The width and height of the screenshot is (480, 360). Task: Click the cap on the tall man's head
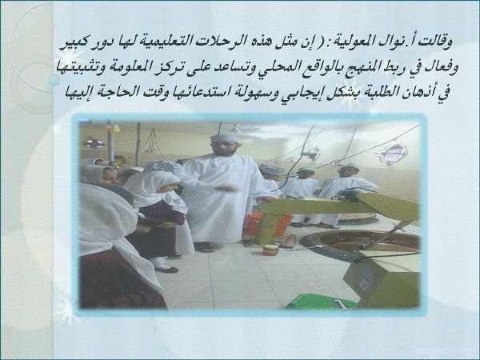225,138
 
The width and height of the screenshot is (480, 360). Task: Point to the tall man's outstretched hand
228,189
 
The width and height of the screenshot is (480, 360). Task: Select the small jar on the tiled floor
270,250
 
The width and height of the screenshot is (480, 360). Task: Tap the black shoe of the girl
166,270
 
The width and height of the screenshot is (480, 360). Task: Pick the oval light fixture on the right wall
394,154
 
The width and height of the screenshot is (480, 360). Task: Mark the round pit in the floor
360,242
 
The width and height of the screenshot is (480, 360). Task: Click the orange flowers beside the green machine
268,224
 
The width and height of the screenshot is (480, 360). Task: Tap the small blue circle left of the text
54,81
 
